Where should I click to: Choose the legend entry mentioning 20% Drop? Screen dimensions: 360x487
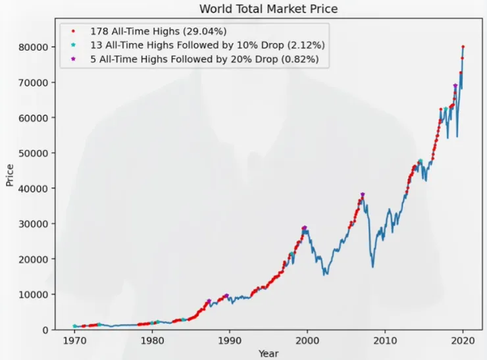[x=204, y=59]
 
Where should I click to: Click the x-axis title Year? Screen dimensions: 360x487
[x=269, y=353]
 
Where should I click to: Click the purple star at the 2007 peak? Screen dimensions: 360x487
[x=363, y=194]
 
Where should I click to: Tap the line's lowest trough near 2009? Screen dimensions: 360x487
[x=372, y=267]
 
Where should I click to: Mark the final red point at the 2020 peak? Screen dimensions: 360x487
[x=463, y=47]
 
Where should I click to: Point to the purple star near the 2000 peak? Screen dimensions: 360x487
[x=304, y=228]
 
